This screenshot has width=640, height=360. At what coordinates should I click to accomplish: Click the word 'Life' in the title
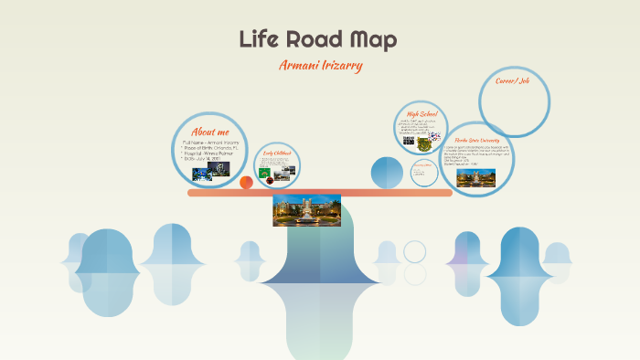[260, 39]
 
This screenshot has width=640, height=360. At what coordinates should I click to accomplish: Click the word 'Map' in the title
[374, 39]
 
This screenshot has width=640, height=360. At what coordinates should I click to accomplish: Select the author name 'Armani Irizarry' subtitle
[320, 66]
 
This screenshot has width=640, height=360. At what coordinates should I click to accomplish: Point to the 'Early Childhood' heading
[276, 153]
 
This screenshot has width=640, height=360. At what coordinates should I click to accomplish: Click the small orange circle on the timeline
[246, 183]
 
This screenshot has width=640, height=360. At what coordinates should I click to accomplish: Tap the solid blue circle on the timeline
[387, 173]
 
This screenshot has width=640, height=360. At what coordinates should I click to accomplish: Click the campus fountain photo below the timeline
[307, 209]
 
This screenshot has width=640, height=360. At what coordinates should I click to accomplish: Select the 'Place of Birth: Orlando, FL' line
[214, 148]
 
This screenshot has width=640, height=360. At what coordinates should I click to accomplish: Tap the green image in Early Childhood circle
[265, 172]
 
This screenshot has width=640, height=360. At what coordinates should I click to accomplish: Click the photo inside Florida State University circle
[475, 176]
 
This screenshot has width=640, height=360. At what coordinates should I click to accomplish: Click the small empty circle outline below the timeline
[415, 251]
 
